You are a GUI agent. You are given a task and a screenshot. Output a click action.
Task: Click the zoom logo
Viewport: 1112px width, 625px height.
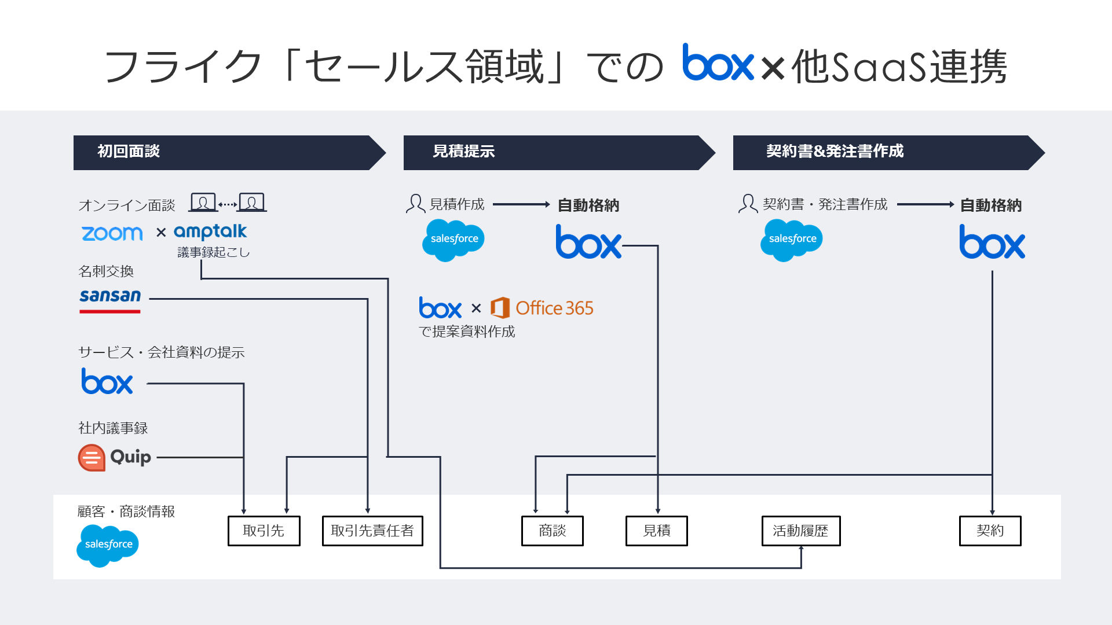[x=112, y=233]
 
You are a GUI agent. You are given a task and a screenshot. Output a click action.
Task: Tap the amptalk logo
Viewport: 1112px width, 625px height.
[x=210, y=232]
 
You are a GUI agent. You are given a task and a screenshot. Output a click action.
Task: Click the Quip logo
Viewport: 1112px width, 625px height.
[x=115, y=457]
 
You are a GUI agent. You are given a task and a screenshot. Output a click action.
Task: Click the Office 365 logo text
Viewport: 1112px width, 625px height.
[x=554, y=308]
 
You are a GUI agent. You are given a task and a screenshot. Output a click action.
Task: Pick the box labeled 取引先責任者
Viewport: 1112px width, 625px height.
[x=372, y=531]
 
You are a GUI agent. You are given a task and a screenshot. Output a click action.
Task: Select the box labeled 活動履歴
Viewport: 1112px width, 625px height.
[x=800, y=531]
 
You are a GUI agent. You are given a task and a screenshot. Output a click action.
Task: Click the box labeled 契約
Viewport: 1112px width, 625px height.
[x=990, y=531]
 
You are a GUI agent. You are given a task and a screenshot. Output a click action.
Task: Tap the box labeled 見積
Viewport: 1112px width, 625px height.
[x=656, y=531]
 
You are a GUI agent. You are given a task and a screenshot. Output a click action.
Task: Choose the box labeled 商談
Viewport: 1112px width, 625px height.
[x=552, y=531]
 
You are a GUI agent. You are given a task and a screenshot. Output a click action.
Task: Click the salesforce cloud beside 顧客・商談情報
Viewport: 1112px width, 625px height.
[x=108, y=545]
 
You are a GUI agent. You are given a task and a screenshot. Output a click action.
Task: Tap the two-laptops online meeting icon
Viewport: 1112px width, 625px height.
[x=228, y=203]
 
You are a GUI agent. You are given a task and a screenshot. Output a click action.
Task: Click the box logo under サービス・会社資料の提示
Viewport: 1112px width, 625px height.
[x=107, y=382]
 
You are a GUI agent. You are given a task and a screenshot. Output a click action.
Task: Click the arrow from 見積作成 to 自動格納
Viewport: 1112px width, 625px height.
[x=521, y=204]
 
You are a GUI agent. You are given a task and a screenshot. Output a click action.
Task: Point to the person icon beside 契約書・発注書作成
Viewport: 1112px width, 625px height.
[x=748, y=204]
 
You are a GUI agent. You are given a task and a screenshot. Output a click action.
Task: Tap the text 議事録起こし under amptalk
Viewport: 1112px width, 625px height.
[x=213, y=252]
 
